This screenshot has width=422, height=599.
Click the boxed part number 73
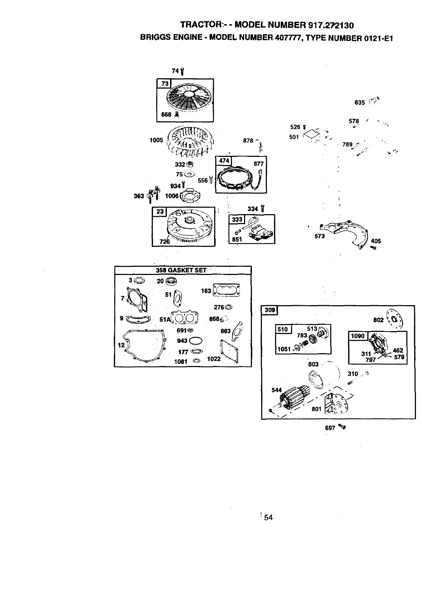tap(164, 84)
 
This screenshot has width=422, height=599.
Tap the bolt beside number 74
tap(182, 72)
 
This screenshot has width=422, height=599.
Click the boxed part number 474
tap(224, 161)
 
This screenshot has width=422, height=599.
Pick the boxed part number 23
tap(160, 212)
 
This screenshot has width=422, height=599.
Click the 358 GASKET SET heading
tap(181, 270)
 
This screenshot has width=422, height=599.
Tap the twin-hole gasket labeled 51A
tap(185, 317)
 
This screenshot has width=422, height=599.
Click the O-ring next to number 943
tap(196, 341)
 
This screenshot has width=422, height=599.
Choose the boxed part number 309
tap(270, 310)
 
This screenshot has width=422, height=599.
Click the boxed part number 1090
tap(358, 336)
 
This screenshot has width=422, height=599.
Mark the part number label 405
tap(376, 241)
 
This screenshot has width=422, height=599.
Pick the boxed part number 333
tap(237, 219)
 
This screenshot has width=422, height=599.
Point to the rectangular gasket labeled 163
tap(226, 290)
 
